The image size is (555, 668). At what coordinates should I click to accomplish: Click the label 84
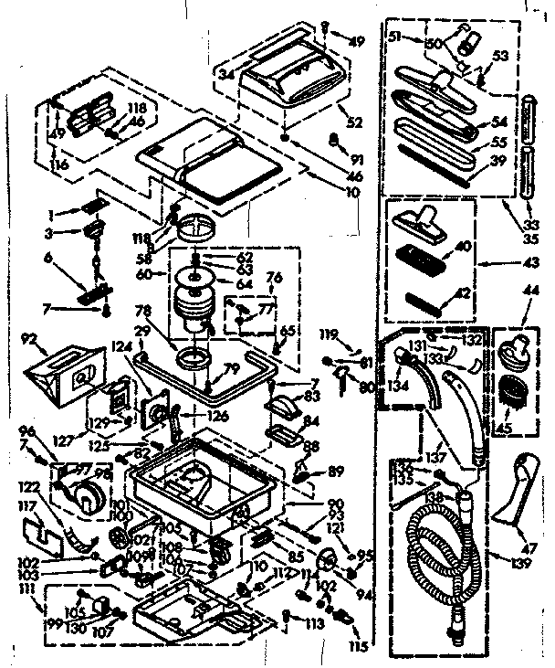coord(313,421)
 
